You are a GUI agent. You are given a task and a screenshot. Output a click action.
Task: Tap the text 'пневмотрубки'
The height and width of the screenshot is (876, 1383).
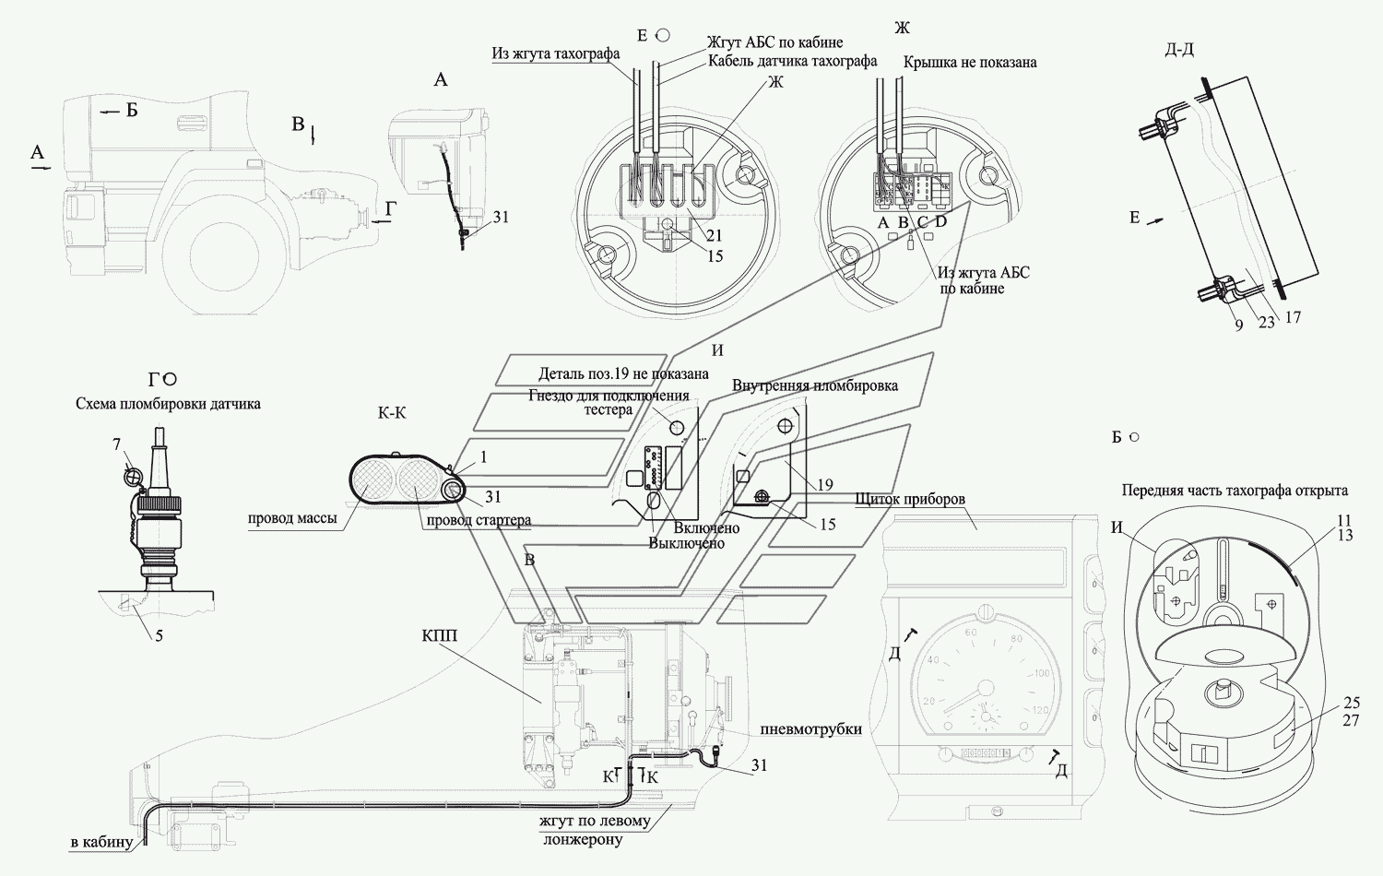tap(810, 729)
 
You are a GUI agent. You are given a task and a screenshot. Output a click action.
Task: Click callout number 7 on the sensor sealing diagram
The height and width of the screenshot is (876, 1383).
tap(117, 445)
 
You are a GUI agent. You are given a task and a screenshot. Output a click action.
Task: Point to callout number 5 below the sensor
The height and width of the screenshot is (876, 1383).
tap(159, 634)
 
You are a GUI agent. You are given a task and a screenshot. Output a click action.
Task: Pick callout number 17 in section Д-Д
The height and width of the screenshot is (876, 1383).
tap(1293, 317)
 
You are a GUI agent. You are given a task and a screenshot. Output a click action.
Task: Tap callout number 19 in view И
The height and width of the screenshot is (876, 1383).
tap(824, 484)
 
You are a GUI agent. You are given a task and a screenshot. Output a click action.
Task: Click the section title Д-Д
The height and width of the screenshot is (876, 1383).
tap(1179, 49)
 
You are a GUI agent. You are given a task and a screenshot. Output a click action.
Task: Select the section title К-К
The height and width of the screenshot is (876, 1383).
tap(392, 413)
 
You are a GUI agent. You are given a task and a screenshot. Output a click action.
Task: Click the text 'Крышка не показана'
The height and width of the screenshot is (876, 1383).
tap(970, 62)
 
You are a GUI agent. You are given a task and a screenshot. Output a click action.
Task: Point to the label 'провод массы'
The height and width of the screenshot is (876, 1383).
tap(291, 518)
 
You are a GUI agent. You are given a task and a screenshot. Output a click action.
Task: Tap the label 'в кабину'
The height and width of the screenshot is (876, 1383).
tap(100, 842)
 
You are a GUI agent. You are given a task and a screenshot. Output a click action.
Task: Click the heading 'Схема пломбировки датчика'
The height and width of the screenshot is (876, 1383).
tap(169, 403)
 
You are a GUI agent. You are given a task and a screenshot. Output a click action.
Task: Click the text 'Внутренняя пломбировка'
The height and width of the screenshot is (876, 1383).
tap(815, 385)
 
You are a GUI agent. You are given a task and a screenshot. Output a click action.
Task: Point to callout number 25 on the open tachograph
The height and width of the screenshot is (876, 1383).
tap(1351, 704)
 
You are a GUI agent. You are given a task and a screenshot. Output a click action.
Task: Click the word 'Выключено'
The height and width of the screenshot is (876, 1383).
tap(686, 543)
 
